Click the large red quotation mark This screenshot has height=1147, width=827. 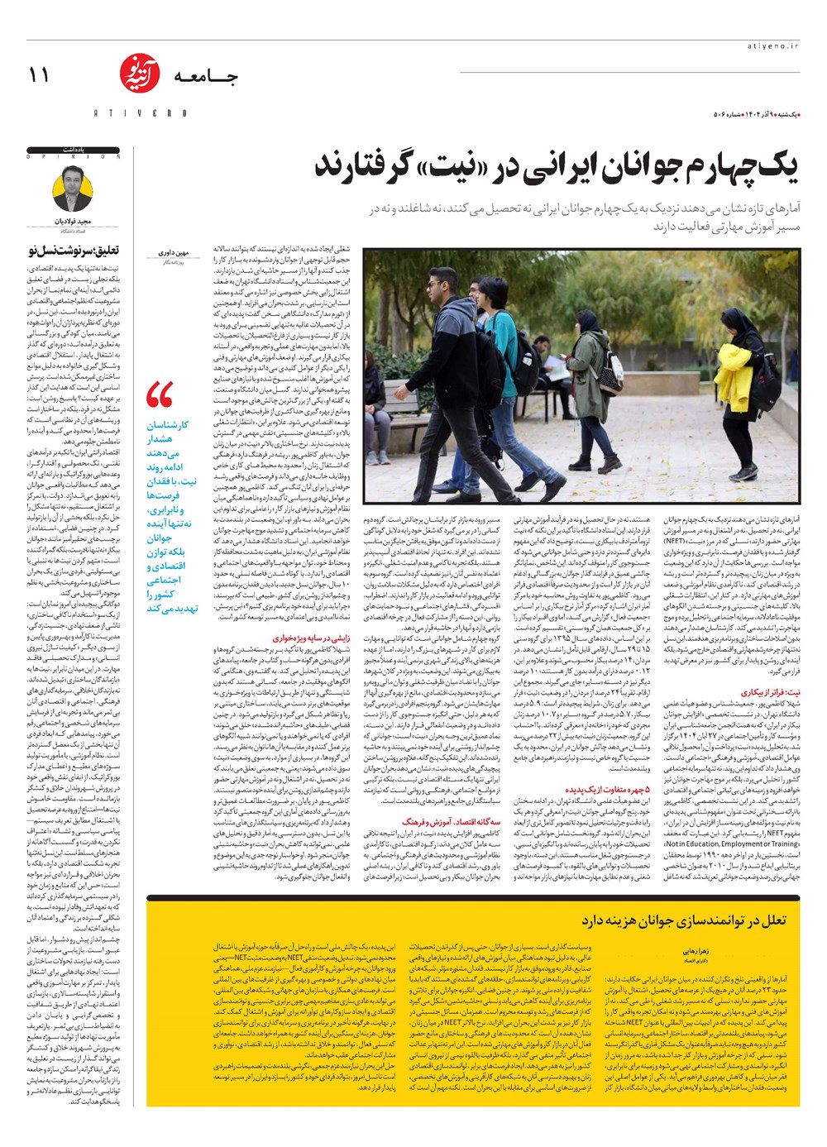[160, 395]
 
